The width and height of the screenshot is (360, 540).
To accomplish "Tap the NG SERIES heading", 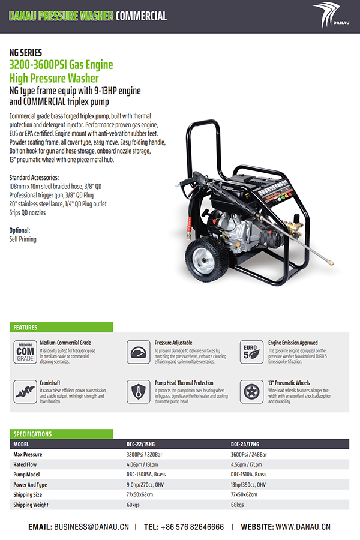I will tap(26, 52).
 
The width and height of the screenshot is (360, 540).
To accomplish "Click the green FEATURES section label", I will tap(25, 328).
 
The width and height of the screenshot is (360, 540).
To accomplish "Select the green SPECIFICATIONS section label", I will tap(32, 434).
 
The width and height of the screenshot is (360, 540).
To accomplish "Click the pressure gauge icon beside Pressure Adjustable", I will tap(139, 352).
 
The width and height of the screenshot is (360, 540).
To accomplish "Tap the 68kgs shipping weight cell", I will tap(238, 505).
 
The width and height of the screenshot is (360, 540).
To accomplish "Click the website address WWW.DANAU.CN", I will tap(303, 527).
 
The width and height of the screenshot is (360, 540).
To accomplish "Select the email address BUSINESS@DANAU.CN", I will tap(91, 527).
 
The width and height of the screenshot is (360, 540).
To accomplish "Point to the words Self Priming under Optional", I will tap(23, 239).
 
